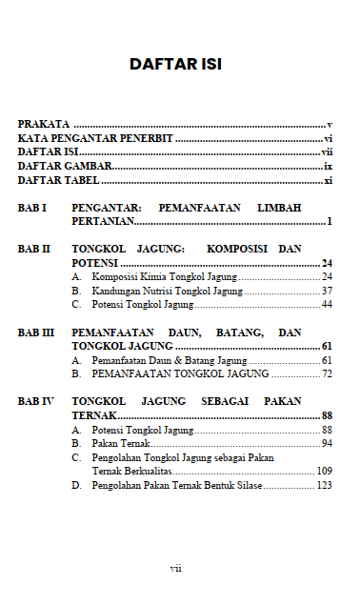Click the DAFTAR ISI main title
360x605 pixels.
tap(175, 66)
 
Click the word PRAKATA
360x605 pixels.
tap(44, 125)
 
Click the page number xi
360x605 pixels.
tap(328, 180)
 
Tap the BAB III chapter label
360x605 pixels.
tap(35, 333)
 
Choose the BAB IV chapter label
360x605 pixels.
tap(35, 402)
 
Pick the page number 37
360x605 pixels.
tap(326, 291)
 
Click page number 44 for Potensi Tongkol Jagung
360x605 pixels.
tap(326, 305)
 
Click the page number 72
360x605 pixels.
tap(326, 374)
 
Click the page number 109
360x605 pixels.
tap(324, 472)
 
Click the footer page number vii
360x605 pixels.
tap(175, 568)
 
